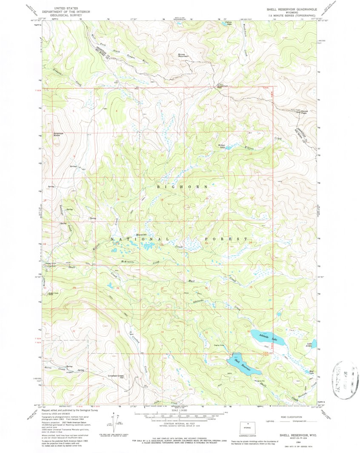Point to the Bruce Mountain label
click(x=184, y=55)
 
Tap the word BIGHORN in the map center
click(x=183, y=187)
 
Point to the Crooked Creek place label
click(x=116, y=376)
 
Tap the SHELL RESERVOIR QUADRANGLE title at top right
click(x=291, y=9)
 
